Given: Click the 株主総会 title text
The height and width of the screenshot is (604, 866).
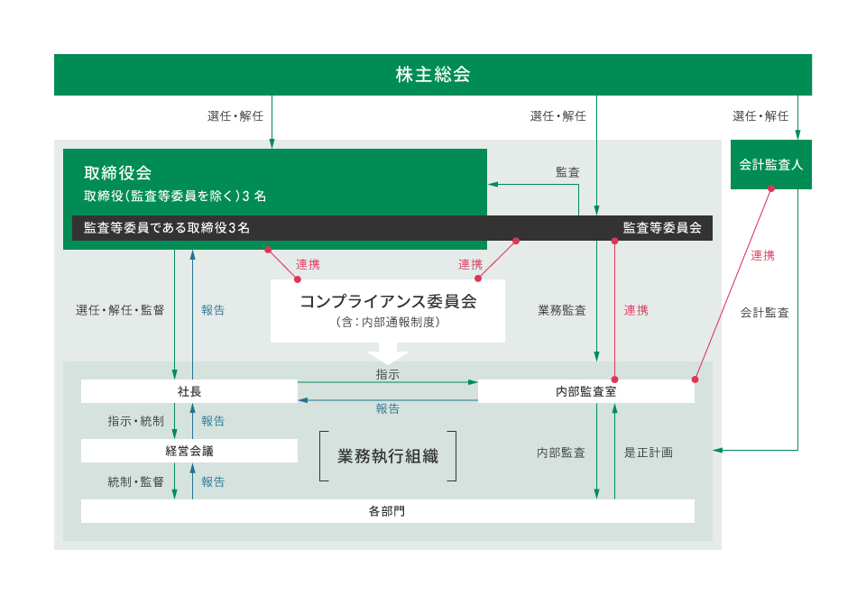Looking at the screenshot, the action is point(433,75).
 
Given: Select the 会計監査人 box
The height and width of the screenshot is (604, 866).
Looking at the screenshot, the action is point(771,165).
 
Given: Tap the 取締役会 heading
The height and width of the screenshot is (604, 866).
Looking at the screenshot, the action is point(117,173).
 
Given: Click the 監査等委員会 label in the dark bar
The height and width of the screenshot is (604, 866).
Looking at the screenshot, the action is point(662,228).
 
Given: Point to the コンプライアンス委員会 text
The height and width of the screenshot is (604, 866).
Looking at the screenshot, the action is point(388,301).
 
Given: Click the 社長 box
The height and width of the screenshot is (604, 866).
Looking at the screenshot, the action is point(189,391).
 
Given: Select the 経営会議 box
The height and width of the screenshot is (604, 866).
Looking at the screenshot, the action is point(189,451).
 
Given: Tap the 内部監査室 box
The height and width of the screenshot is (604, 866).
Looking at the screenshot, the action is point(586,391).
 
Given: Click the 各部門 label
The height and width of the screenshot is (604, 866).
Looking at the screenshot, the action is point(387,511).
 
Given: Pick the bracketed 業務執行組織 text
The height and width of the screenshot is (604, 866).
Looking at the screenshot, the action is point(388,456).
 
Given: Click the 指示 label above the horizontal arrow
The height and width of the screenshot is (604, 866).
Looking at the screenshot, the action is point(388,374).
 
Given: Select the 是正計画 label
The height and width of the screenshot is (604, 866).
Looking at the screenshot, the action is point(649,453).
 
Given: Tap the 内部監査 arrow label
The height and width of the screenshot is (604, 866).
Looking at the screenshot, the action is point(561,453).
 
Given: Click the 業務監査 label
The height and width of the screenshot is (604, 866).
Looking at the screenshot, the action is point(562,310).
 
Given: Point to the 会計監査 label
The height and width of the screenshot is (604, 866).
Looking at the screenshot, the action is point(764,313).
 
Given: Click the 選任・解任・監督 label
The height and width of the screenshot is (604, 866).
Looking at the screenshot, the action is point(120,310).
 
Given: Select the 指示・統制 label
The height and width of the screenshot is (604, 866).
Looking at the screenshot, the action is point(136,421).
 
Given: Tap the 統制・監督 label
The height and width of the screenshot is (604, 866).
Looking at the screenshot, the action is point(136,482).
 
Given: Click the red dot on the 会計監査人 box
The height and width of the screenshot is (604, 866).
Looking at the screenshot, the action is point(771,188).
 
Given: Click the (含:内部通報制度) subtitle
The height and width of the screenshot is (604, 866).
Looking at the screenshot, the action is point(388,323).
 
